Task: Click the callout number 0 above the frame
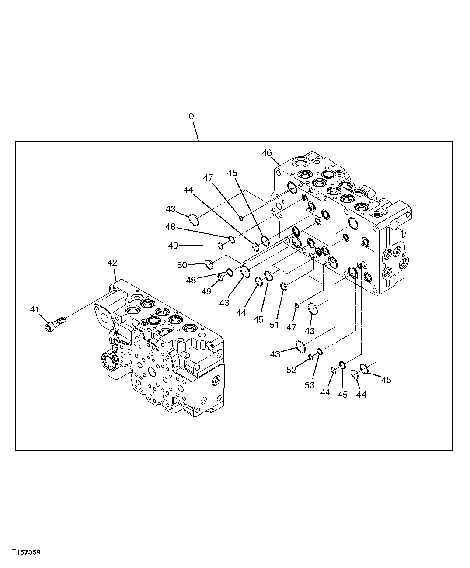191,117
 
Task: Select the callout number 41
35,309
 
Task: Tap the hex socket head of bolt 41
49,327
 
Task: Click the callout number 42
112,263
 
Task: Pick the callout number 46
267,152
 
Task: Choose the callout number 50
182,265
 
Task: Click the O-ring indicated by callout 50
209,263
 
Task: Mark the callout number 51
274,325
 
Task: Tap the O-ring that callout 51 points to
284,287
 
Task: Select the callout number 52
291,370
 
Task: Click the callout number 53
310,385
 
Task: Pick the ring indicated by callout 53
320,351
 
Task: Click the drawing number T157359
26,553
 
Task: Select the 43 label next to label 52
275,354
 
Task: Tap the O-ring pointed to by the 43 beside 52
299,346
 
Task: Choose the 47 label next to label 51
292,326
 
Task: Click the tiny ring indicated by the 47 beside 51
297,305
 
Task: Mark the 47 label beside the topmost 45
208,177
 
